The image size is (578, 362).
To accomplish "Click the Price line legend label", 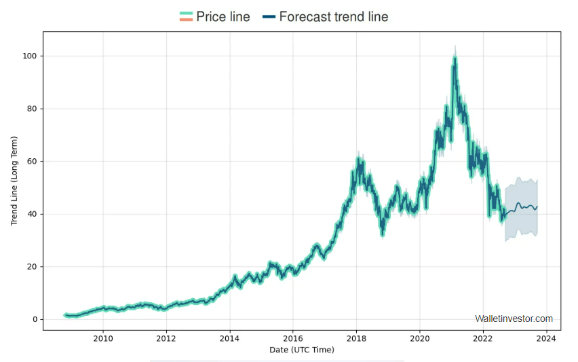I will point(223,17).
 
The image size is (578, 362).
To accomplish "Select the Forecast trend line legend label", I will point(333,17).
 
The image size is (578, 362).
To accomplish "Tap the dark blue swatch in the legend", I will point(269,17).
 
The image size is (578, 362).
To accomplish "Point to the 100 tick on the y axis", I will point(31,56).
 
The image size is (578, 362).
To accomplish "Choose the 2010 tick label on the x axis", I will point(103,338).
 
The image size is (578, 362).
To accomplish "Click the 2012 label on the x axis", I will point(166,338).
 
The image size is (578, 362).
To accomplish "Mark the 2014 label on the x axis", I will point(230,338).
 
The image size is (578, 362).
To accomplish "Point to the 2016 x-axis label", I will point(293,338).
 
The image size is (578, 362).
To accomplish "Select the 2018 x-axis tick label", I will point(357,338).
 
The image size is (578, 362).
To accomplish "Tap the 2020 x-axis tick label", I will point(420,338).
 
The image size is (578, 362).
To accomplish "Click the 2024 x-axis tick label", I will point(547,338).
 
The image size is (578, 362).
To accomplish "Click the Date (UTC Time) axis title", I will point(301,350).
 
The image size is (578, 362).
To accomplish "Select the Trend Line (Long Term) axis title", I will point(14,181).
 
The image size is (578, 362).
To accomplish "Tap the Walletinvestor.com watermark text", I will point(514,319).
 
